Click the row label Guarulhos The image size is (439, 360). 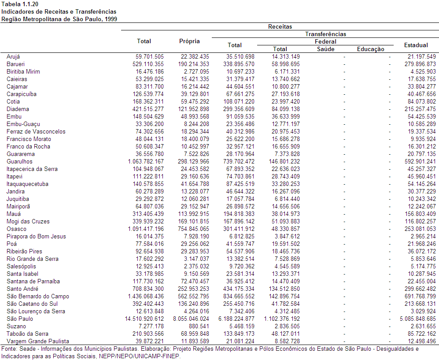click(20, 161)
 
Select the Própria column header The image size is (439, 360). click(189, 41)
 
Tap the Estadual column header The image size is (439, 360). click(416, 45)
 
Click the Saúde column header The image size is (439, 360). click(325, 49)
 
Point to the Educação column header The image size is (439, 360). click(371, 49)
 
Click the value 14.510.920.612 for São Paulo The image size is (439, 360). click(144, 319)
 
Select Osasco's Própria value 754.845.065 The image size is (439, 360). click(193, 229)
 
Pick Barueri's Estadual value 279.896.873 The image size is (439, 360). click(420, 64)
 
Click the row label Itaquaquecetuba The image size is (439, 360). click(27, 184)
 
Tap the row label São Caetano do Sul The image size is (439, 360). click(32, 304)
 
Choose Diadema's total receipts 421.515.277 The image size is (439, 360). click(148, 109)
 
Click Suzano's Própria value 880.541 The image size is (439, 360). click(199, 327)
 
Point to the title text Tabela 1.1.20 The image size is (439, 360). click(16, 4)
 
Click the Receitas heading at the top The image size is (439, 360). click(280, 26)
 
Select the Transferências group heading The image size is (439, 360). click(325, 34)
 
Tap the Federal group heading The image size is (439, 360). click(325, 42)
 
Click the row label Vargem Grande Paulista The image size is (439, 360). click(38, 341)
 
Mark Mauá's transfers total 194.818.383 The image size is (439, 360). click(239, 214)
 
